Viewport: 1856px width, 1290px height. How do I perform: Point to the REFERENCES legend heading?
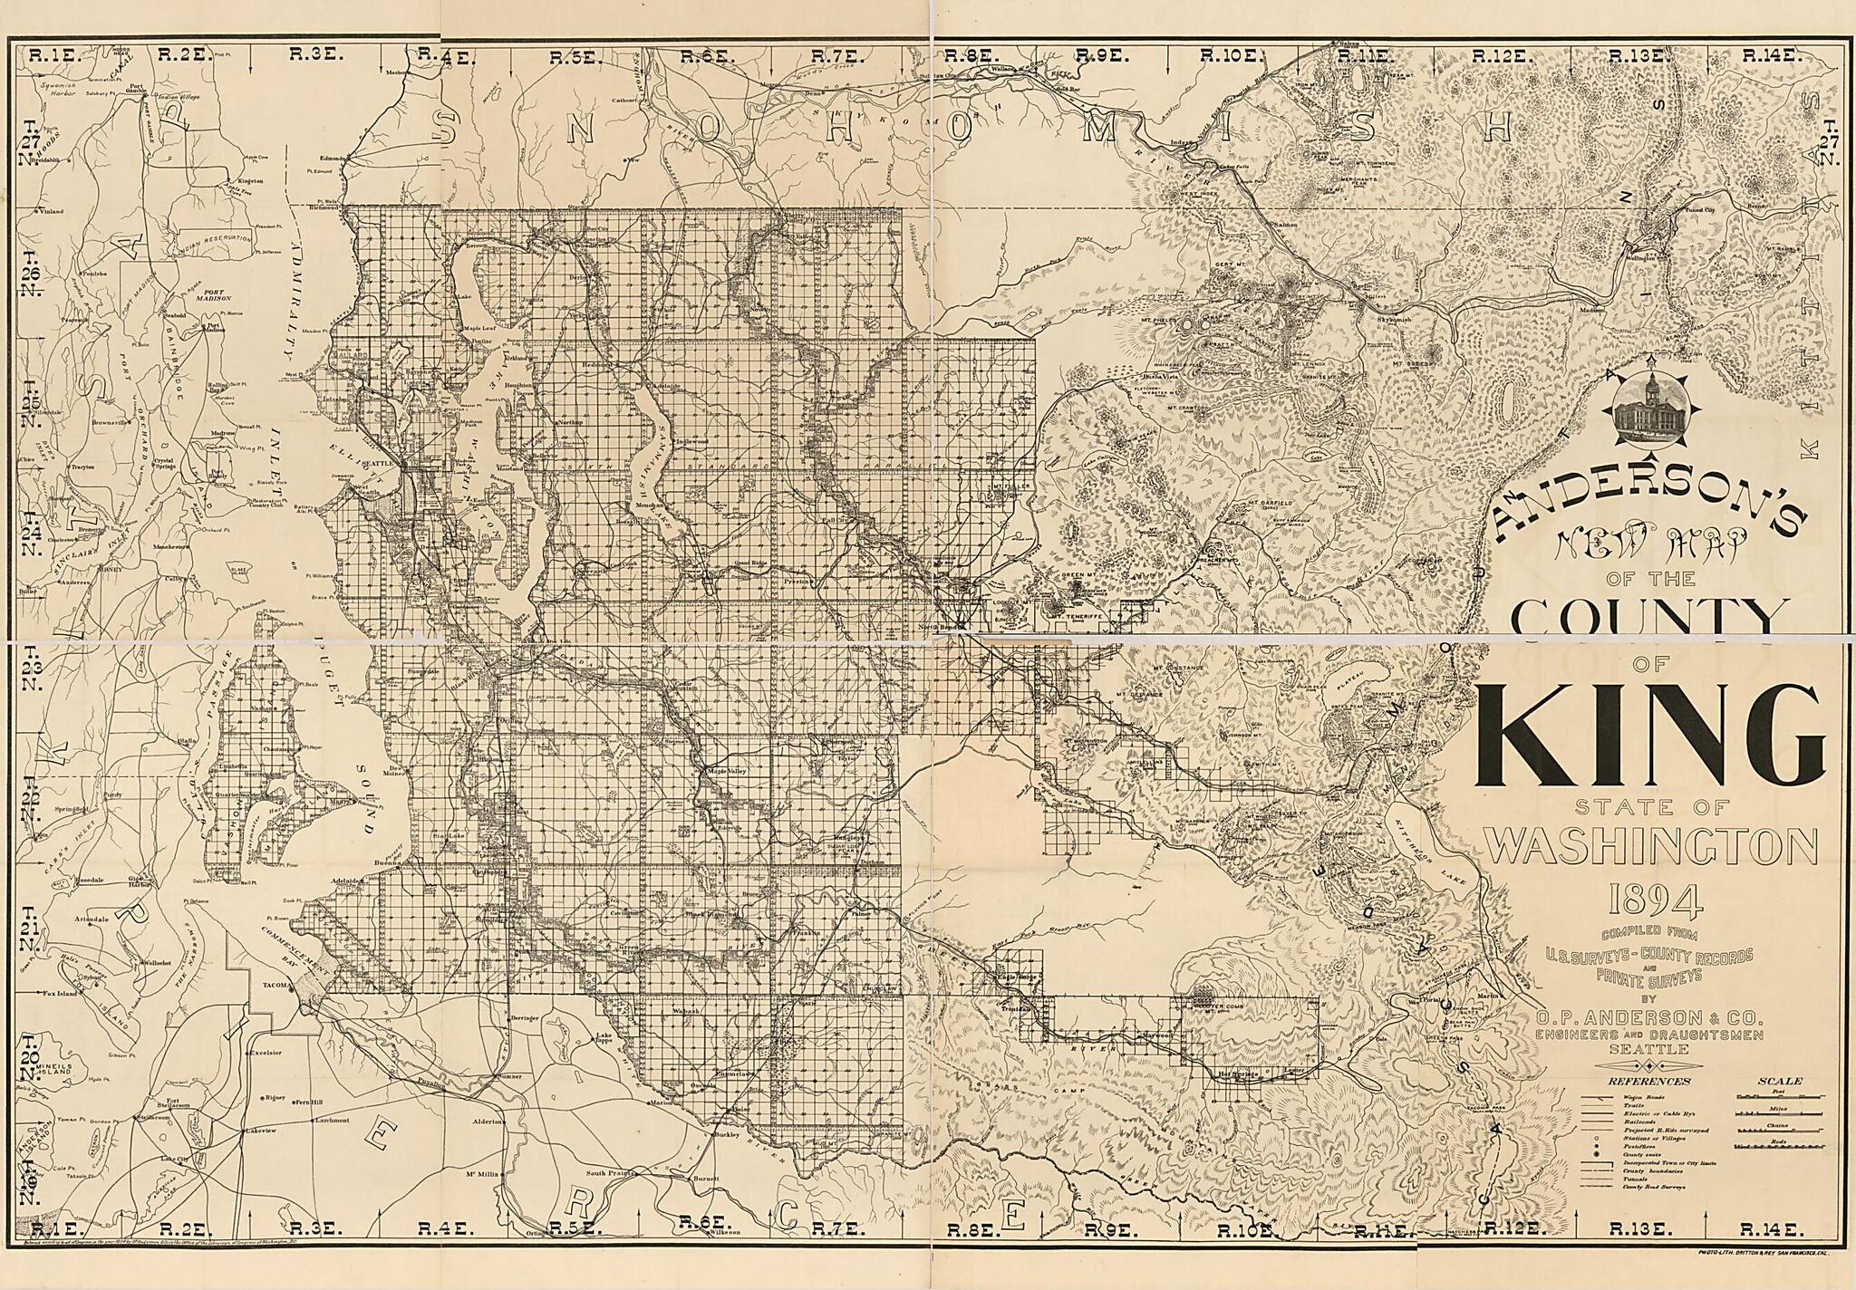pyautogui.click(x=1648, y=1081)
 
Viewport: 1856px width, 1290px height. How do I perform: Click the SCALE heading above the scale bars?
pyautogui.click(x=1780, y=1081)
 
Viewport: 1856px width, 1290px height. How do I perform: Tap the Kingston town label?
pyautogui.click(x=250, y=181)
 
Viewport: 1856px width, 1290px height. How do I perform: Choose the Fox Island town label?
pyautogui.click(x=58, y=994)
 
